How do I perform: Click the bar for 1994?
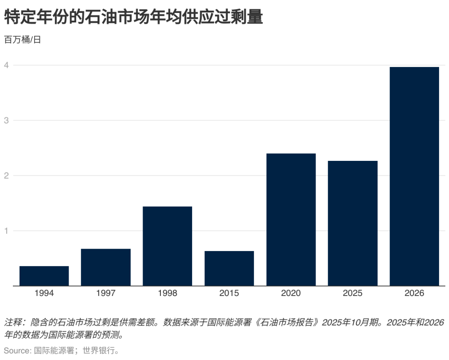click(44, 276)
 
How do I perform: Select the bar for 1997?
click(106, 267)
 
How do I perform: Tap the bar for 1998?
click(167, 246)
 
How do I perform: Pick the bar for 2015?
click(229, 269)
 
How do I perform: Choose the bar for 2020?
click(291, 219)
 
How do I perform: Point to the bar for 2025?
click(353, 223)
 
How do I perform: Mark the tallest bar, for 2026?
click(414, 176)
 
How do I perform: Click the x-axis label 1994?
click(44, 293)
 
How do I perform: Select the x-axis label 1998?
click(167, 293)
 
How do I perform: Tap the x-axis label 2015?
click(229, 293)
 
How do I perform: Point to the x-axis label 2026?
click(414, 293)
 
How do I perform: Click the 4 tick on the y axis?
click(7, 65)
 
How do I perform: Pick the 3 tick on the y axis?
click(7, 121)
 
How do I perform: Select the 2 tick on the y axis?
click(7, 176)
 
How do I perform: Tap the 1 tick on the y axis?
click(7, 231)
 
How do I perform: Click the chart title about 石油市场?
click(133, 17)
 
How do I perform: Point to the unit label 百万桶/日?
click(22, 40)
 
